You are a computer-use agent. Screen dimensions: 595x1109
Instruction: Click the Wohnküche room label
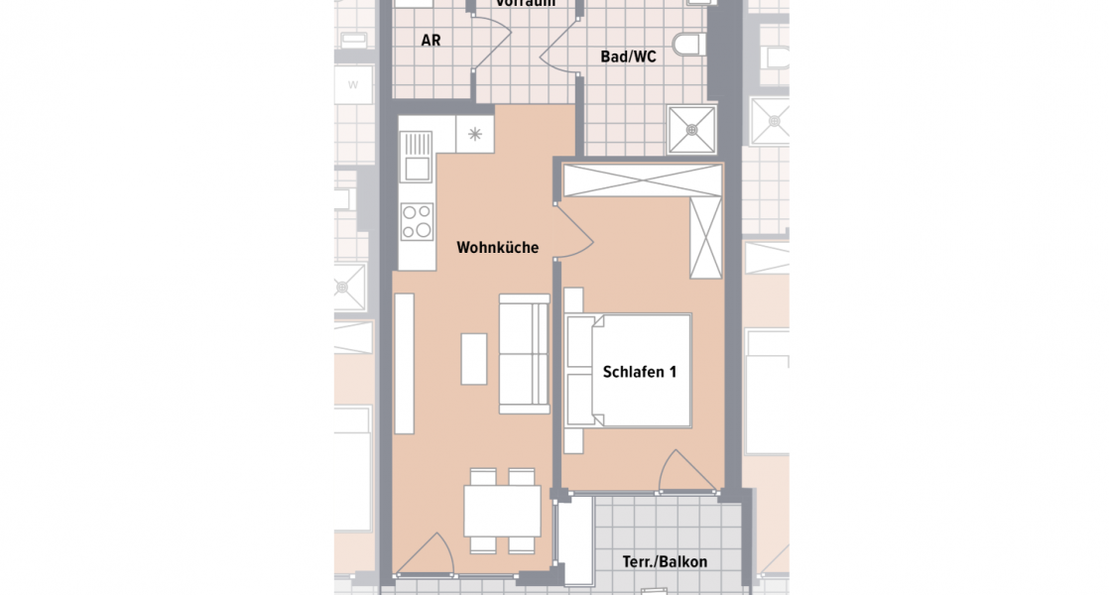497,248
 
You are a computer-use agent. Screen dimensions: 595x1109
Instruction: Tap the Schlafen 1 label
639,373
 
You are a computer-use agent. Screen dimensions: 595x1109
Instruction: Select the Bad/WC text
628,58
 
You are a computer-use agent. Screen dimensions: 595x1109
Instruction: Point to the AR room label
431,41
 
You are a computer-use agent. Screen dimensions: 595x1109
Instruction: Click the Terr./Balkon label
665,562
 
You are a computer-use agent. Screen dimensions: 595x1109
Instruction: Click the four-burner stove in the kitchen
417,221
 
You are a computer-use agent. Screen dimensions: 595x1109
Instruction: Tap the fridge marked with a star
474,134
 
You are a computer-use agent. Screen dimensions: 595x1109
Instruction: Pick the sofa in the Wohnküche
524,353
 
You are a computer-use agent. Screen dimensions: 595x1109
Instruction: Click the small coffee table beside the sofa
474,358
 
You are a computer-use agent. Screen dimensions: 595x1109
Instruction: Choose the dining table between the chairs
502,511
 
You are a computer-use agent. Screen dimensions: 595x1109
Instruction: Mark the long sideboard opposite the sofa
404,364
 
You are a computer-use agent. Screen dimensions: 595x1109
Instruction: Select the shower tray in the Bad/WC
691,129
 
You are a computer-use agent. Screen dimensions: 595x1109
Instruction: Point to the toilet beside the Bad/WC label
687,44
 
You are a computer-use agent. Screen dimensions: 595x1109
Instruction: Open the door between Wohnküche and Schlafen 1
573,229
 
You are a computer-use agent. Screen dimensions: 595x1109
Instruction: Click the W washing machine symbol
352,84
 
